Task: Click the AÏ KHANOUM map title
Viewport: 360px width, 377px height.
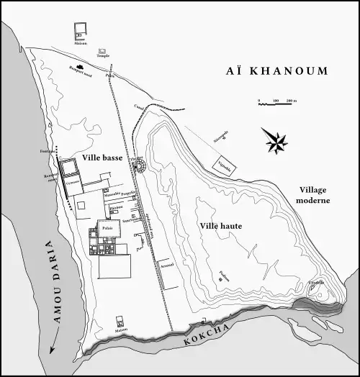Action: pyautogui.click(x=277, y=71)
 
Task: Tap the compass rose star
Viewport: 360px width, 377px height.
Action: pyautogui.click(x=274, y=140)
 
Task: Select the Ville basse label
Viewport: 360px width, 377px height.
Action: pyautogui.click(x=102, y=158)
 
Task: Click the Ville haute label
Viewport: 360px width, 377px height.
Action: pyautogui.click(x=220, y=226)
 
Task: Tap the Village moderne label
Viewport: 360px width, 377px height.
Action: pyautogui.click(x=314, y=194)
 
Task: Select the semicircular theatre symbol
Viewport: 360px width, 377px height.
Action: pyautogui.click(x=140, y=167)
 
